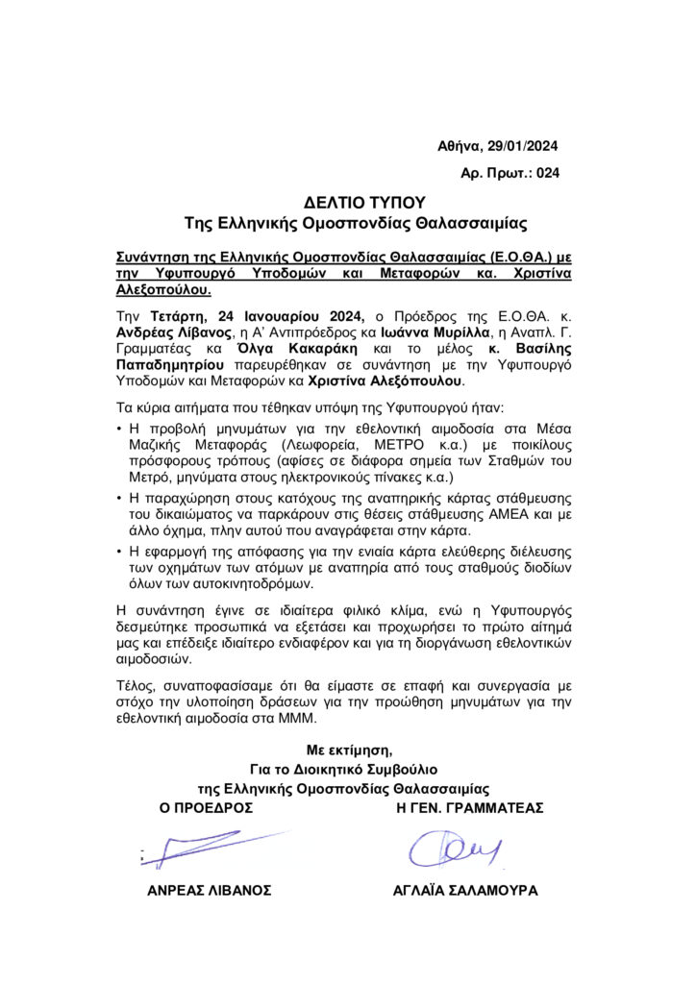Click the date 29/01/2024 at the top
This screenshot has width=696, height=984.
(523, 147)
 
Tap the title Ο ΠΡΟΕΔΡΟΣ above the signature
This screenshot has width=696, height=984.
(207, 808)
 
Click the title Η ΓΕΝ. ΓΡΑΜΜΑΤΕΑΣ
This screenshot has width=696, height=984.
(470, 808)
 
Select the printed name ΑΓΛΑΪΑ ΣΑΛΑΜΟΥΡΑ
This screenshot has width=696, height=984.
(465, 891)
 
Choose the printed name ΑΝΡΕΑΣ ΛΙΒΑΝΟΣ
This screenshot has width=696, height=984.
(210, 891)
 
